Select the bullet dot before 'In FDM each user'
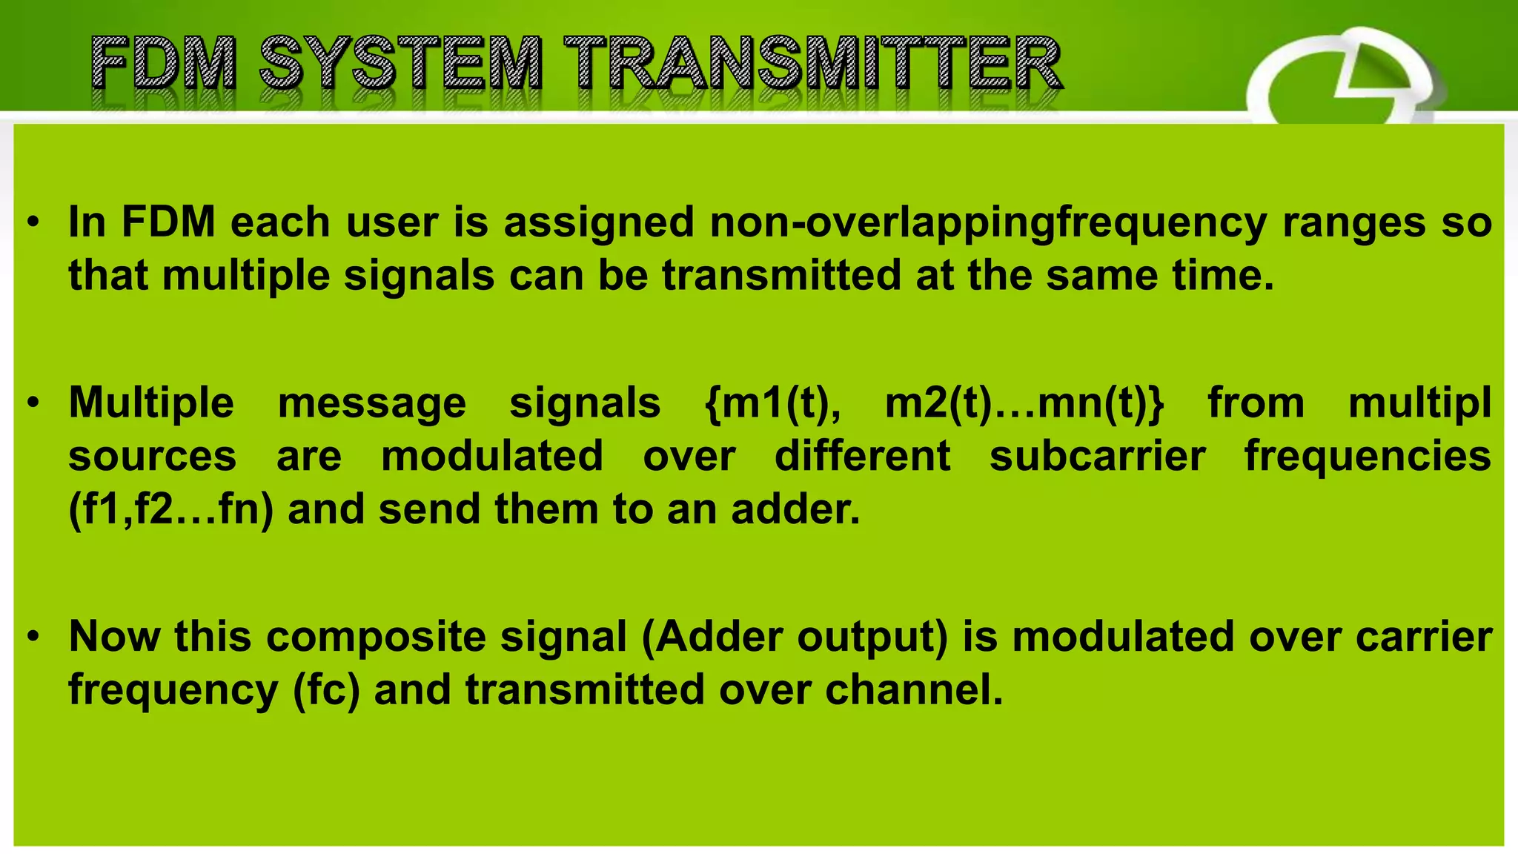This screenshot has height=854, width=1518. tap(33, 222)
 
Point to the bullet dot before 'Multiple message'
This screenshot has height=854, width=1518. tap(33, 404)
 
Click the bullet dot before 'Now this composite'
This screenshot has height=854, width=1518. tap(33, 637)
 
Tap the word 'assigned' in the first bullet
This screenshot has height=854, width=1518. tap(599, 222)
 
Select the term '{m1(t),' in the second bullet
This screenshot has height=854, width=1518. tap(772, 404)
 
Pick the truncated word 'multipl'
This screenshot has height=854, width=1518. tap(1419, 404)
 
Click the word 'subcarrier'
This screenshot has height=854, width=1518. tap(1097, 457)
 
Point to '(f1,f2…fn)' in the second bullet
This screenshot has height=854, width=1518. tap(170, 510)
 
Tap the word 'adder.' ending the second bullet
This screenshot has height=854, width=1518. tap(795, 510)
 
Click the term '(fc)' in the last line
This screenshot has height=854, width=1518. tap(326, 690)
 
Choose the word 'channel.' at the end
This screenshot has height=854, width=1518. tap(913, 690)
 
